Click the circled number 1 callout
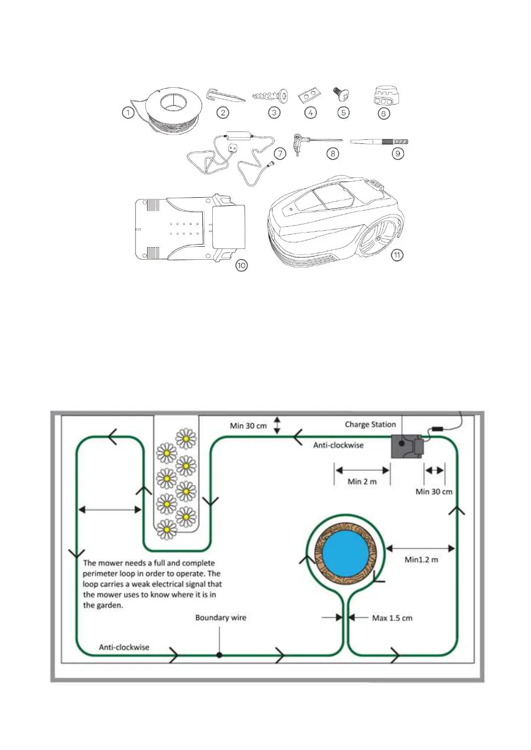pos(128,113)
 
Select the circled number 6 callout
pos(383,114)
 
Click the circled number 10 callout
pos(241,265)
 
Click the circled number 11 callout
pos(397,255)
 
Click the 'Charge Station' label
pos(370,424)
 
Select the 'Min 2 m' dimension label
pos(362,481)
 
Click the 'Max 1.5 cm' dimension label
pos(392,618)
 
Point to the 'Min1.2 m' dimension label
pos(421,559)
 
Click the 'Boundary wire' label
pos(221,618)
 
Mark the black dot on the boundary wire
pos(219,655)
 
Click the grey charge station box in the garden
pos(405,446)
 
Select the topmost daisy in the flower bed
pos(186,439)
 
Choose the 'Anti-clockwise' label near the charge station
pos(338,445)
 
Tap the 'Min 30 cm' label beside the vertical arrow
pos(248,426)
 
